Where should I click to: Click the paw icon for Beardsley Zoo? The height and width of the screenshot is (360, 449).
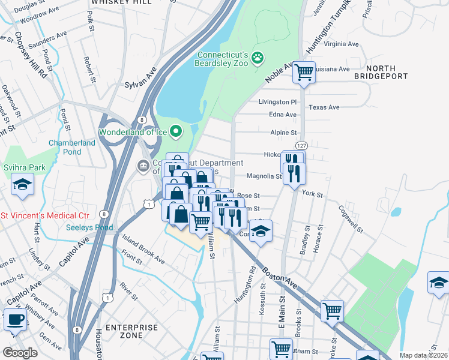click(x=258, y=58)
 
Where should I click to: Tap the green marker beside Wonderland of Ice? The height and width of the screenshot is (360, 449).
click(x=176, y=130)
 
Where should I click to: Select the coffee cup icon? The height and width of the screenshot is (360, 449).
click(x=15, y=319)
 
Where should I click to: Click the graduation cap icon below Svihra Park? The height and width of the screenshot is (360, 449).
click(x=22, y=184)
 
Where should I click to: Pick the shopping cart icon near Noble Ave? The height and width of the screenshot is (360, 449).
click(x=304, y=72)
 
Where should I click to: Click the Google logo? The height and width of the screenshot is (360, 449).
click(x=20, y=353)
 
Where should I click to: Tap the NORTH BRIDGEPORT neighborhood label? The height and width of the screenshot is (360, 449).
click(x=381, y=73)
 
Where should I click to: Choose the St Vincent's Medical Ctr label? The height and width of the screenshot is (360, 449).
click(x=45, y=215)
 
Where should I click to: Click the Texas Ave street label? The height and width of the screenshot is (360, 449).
click(x=324, y=107)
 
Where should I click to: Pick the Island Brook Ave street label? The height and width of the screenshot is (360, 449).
click(x=143, y=250)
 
